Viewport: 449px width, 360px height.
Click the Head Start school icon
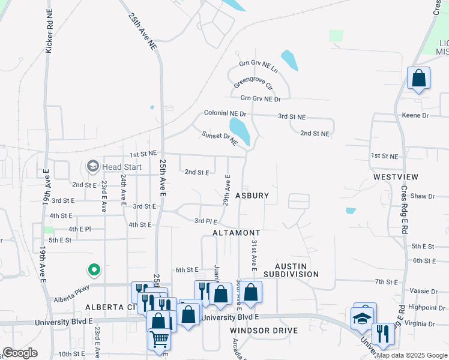pos(92,166)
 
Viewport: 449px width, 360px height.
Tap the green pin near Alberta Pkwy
pos(93,271)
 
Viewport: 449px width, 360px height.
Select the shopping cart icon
pos(159,339)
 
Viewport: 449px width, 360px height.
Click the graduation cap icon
pos(363,318)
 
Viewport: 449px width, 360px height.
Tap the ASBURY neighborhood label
pos(252,196)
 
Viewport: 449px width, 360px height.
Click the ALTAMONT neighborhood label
pos(237,232)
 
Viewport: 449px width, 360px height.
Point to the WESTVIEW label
pos(395,177)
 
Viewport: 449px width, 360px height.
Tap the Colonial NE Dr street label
pos(225,113)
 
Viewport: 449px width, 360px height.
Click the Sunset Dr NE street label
pos(220,139)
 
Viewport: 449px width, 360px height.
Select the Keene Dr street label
pos(415,115)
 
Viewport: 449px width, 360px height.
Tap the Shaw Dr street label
pos(423,196)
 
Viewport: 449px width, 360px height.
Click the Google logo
pos(20,353)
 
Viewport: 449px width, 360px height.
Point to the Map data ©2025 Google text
pos(412,355)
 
